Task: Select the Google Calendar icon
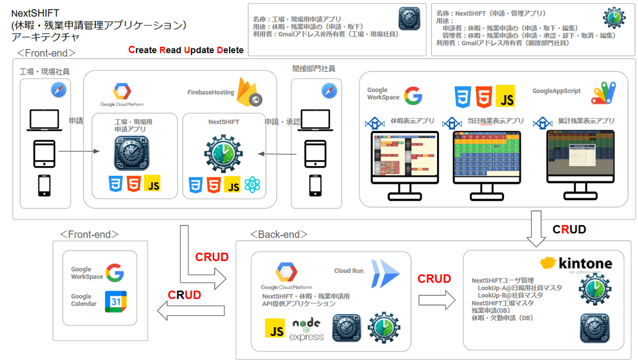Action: tap(115, 302)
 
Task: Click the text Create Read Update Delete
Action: tap(186, 51)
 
